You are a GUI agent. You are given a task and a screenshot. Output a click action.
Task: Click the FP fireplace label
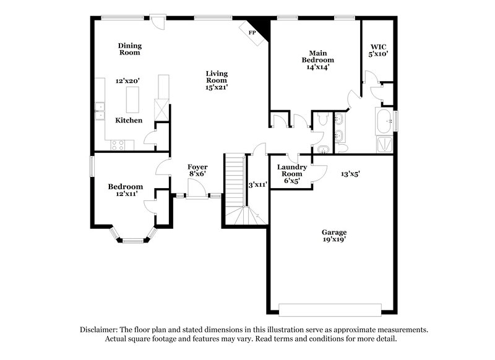click(252, 32)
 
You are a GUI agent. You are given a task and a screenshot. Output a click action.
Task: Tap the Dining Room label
click(130, 49)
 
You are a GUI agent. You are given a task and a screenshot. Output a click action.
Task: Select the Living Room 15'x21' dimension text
click(217, 88)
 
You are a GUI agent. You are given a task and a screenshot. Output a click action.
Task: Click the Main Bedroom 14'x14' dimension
click(318, 67)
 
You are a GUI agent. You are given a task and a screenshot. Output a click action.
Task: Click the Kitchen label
click(129, 120)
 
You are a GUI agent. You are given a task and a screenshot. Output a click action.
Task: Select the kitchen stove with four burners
click(118, 145)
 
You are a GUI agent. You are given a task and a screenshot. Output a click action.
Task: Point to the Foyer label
click(197, 167)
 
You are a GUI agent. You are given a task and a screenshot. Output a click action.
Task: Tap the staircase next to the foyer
click(235, 182)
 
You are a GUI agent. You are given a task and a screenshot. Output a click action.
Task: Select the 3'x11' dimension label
click(257, 184)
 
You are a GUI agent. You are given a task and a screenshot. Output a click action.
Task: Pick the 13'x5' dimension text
click(350, 174)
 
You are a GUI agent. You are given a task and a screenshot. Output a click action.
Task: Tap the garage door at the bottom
click(330, 309)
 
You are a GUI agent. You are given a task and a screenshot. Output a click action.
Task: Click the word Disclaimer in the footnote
click(100, 330)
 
